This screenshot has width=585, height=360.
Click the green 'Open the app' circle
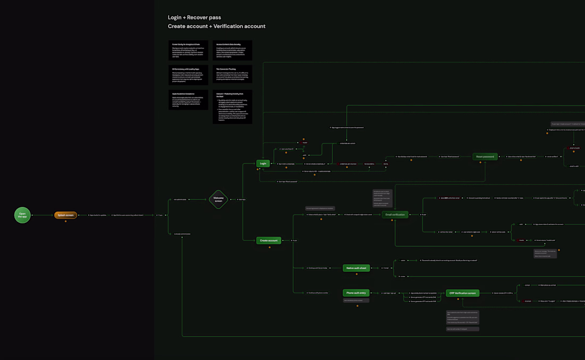coord(22,215)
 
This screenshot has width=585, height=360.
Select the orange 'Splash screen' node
coord(66,215)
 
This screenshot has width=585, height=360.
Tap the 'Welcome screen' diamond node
coord(218,200)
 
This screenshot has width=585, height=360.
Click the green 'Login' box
coord(263,164)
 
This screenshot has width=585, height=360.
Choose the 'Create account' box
coord(269,240)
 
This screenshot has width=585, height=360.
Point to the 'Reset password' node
coord(485,157)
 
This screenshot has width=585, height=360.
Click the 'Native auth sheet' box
coord(356,268)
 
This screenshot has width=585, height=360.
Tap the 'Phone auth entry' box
coord(356,293)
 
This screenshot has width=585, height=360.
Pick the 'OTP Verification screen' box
coord(463,293)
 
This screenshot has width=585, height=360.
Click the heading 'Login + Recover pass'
coord(195,18)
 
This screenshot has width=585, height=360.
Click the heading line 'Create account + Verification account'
coord(216,27)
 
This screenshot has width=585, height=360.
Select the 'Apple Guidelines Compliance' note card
coord(188,100)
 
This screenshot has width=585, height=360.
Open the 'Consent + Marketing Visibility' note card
coord(232,107)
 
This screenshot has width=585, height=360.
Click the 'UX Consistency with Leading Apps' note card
coord(188,75)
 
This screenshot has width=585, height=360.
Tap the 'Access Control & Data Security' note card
coord(232,51)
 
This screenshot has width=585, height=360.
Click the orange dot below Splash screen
coord(66,221)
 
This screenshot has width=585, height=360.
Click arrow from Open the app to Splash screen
coord(43,215)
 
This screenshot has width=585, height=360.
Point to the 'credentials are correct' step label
coord(347,143)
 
